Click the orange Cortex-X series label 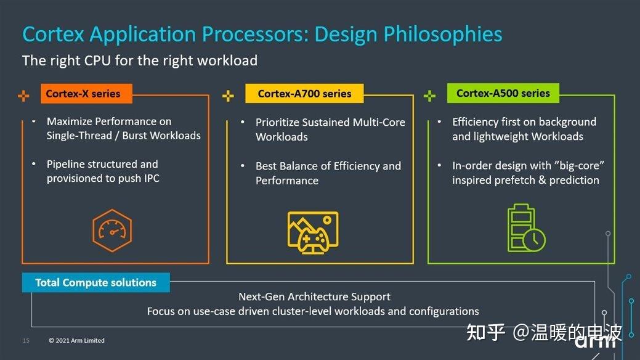pos(83,94)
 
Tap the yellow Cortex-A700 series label pos(304,94)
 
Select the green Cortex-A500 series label pos(503,93)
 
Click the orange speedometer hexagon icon pos(111,230)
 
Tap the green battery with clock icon pos(525,228)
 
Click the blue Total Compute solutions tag pos(95,283)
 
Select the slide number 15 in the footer pos(26,341)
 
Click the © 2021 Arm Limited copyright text pos(77,341)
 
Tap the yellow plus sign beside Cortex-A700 pos(228,96)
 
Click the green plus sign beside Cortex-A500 pos(430,96)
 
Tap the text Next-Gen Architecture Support pos(314,297)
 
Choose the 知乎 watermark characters pos(486,332)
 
